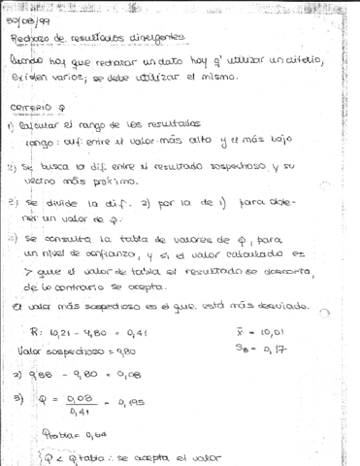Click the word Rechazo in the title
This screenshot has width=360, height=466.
point(30,38)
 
